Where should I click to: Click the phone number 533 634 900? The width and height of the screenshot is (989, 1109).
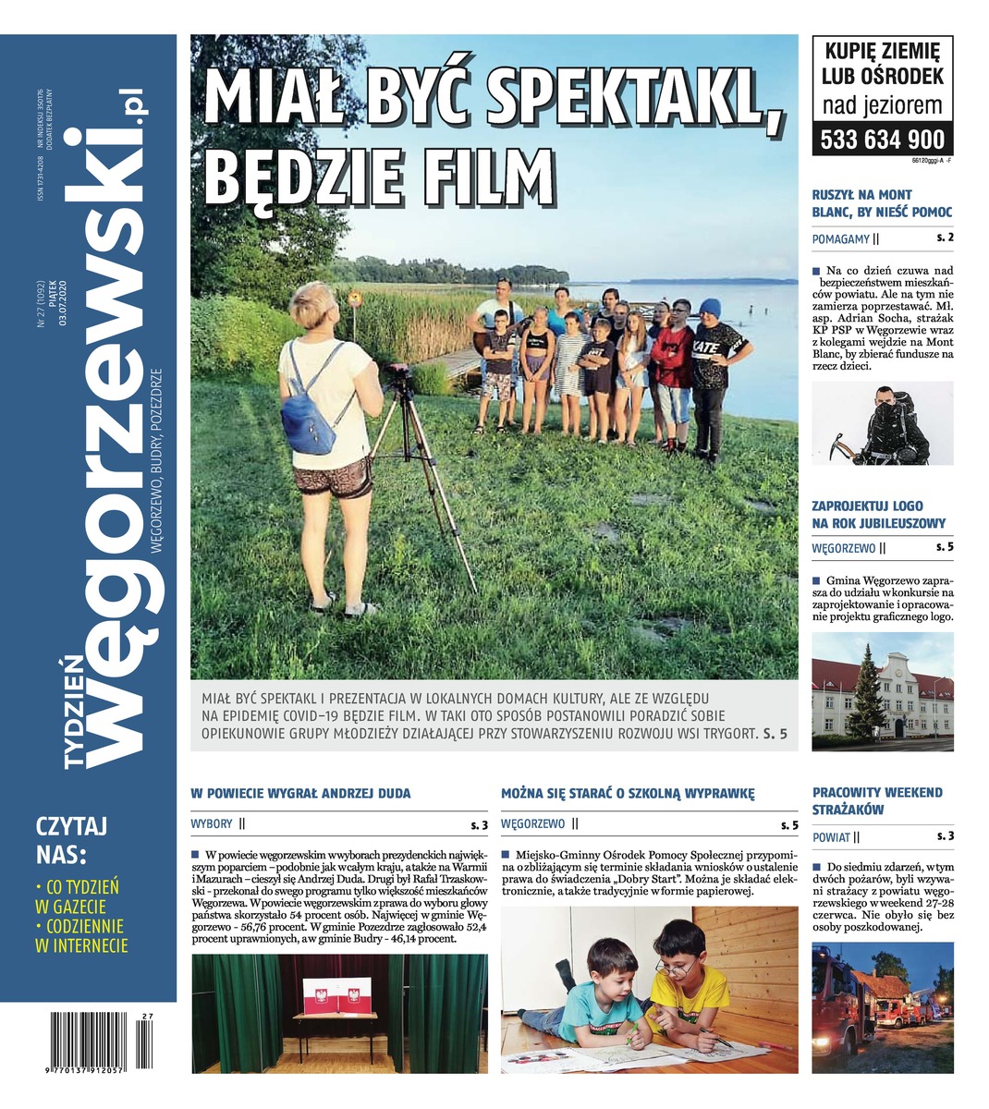883,139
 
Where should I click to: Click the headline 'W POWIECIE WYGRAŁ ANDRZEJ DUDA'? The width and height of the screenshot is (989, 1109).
300,793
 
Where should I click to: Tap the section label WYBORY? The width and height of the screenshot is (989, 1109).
212,823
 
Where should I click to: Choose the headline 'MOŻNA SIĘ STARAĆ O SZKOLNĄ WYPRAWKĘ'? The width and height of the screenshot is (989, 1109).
628,793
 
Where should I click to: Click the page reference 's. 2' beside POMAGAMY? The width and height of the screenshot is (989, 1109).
945,238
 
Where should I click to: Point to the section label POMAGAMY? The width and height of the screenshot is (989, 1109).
840,239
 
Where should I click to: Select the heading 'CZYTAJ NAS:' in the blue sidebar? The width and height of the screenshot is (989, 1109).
72,837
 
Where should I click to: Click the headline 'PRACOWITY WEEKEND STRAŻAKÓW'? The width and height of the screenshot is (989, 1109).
877,801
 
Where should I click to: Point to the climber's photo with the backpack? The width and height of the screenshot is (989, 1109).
882,424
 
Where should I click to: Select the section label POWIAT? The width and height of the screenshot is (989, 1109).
831,837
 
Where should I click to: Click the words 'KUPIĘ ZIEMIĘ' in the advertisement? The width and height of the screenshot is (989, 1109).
882,51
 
